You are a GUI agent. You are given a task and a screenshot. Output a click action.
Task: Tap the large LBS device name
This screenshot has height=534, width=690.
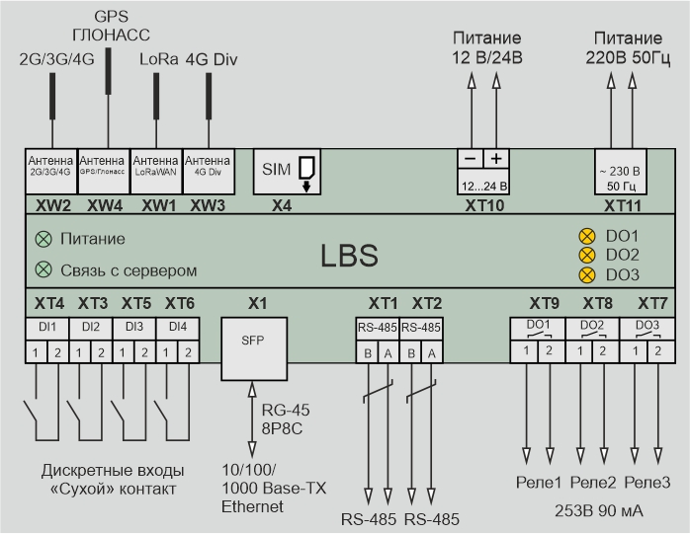click(349, 255)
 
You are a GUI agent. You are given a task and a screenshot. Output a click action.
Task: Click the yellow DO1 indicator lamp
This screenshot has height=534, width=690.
click(585, 237)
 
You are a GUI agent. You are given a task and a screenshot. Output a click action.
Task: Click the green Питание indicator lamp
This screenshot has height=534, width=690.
click(42, 239)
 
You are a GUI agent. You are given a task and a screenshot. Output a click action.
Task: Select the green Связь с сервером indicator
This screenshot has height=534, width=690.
click(42, 269)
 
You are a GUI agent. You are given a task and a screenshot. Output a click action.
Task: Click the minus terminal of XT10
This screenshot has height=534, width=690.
click(471, 159)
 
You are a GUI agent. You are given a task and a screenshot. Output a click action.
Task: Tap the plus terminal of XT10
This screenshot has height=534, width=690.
click(496, 159)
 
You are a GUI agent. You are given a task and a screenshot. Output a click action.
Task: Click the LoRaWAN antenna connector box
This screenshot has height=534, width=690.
click(155, 164)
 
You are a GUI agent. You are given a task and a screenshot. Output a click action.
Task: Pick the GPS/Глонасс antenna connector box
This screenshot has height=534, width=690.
click(102, 164)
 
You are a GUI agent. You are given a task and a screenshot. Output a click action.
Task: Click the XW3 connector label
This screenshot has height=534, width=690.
click(208, 204)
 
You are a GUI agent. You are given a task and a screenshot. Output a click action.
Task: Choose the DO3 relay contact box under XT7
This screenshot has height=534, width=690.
click(647, 326)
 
